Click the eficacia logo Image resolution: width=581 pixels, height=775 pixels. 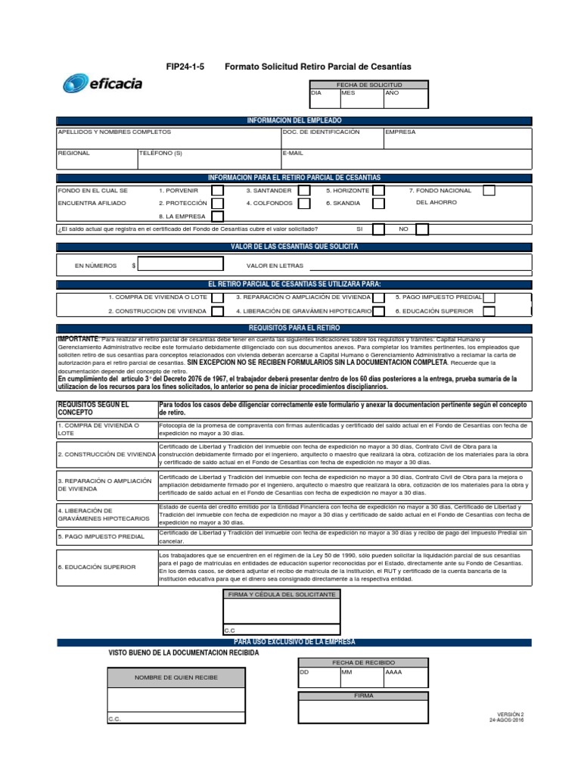point(102,83)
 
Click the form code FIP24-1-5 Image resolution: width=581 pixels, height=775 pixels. point(185,67)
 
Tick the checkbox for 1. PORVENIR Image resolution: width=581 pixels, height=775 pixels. point(217,191)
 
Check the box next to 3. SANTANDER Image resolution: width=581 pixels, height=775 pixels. point(304,191)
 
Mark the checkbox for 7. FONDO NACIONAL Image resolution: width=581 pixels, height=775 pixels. point(489,191)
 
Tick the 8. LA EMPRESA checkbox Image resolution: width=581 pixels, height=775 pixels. point(217,216)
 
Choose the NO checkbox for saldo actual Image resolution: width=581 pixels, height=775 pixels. point(421,229)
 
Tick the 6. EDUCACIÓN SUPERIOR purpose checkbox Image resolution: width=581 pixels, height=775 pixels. point(489,310)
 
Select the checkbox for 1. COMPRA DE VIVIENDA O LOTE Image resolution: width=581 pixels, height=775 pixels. point(217,297)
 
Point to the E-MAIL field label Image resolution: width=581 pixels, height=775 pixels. point(293,153)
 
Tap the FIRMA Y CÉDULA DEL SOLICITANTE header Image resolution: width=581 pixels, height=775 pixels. point(281,595)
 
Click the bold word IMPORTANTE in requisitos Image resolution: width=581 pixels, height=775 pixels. point(78,337)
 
